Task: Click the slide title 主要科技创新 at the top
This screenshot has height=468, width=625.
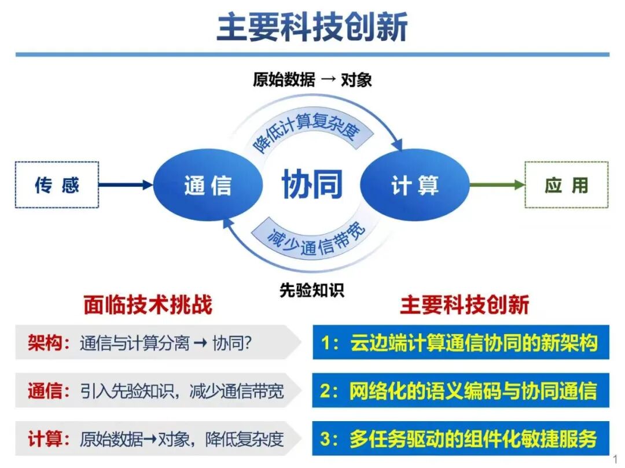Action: [312, 27]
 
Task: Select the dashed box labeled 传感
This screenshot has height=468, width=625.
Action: [57, 185]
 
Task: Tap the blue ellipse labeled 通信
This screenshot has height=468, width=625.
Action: [208, 185]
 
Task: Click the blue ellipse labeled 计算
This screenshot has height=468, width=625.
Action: [415, 185]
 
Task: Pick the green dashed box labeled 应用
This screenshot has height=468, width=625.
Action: [567, 185]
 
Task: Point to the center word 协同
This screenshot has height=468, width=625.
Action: [312, 183]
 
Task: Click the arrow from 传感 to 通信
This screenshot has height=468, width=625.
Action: [126, 185]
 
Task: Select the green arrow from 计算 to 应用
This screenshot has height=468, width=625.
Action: [497, 185]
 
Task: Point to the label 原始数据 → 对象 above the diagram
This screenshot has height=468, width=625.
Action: [312, 80]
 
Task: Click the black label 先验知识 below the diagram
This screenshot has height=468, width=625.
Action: [312, 290]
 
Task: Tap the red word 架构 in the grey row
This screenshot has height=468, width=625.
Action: [45, 342]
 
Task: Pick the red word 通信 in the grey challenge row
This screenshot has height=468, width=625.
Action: [45, 390]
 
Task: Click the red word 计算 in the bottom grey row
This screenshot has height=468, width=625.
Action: [45, 439]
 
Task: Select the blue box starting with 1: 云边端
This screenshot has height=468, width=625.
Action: [461, 342]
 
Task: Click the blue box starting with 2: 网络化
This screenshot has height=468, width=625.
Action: [461, 390]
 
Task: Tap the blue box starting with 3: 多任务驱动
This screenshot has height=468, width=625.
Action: [461, 438]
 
